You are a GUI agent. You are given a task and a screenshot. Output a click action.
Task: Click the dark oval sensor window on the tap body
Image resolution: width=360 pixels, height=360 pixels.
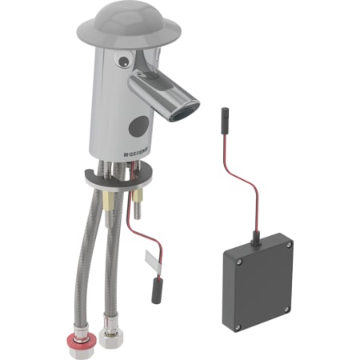click(139, 126)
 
